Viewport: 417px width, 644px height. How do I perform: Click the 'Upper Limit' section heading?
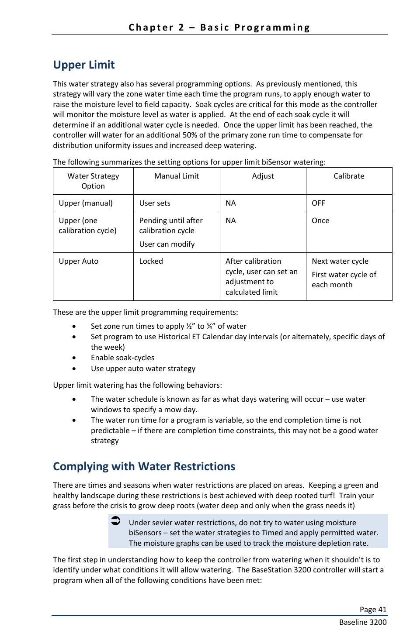point(84,65)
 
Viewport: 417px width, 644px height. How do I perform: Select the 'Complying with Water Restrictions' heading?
point(144,466)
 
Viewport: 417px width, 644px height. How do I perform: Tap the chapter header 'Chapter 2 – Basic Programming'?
point(219,28)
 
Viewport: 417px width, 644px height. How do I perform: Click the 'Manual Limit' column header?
point(177,176)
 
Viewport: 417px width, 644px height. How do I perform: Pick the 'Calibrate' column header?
point(349,176)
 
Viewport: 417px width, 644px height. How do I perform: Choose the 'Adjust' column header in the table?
point(263,176)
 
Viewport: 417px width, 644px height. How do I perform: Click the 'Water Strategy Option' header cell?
point(93,181)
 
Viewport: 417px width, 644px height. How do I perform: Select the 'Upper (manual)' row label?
point(86,203)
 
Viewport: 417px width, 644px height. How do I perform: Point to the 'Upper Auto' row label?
point(79,261)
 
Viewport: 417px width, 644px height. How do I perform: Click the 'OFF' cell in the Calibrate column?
point(318,203)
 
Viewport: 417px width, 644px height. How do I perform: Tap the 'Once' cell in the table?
point(320,220)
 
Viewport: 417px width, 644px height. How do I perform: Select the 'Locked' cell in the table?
point(151,261)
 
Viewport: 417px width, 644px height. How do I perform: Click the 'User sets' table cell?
point(155,203)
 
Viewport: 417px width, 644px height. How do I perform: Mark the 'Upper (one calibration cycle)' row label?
point(87,225)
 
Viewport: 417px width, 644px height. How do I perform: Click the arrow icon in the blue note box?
point(115,520)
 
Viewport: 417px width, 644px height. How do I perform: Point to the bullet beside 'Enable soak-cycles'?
point(74,358)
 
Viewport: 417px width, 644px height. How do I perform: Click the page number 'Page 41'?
point(373,610)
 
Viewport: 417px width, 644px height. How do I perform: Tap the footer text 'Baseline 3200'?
point(363,622)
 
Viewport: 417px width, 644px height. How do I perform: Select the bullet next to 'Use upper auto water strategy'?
point(74,368)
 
